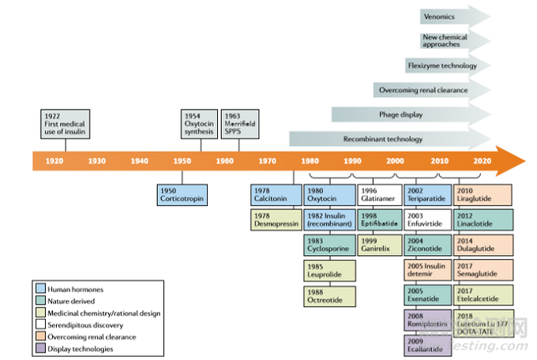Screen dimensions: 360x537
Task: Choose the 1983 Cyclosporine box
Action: pyautogui.click(x=326, y=246)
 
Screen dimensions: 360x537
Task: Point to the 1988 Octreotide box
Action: pyautogui.click(x=326, y=297)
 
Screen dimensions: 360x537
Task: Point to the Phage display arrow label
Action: pyautogui.click(x=401, y=114)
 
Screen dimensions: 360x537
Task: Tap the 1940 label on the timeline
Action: pyautogui.click(x=139, y=160)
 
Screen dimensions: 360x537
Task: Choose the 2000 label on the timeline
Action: pyautogui.click(x=396, y=160)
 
